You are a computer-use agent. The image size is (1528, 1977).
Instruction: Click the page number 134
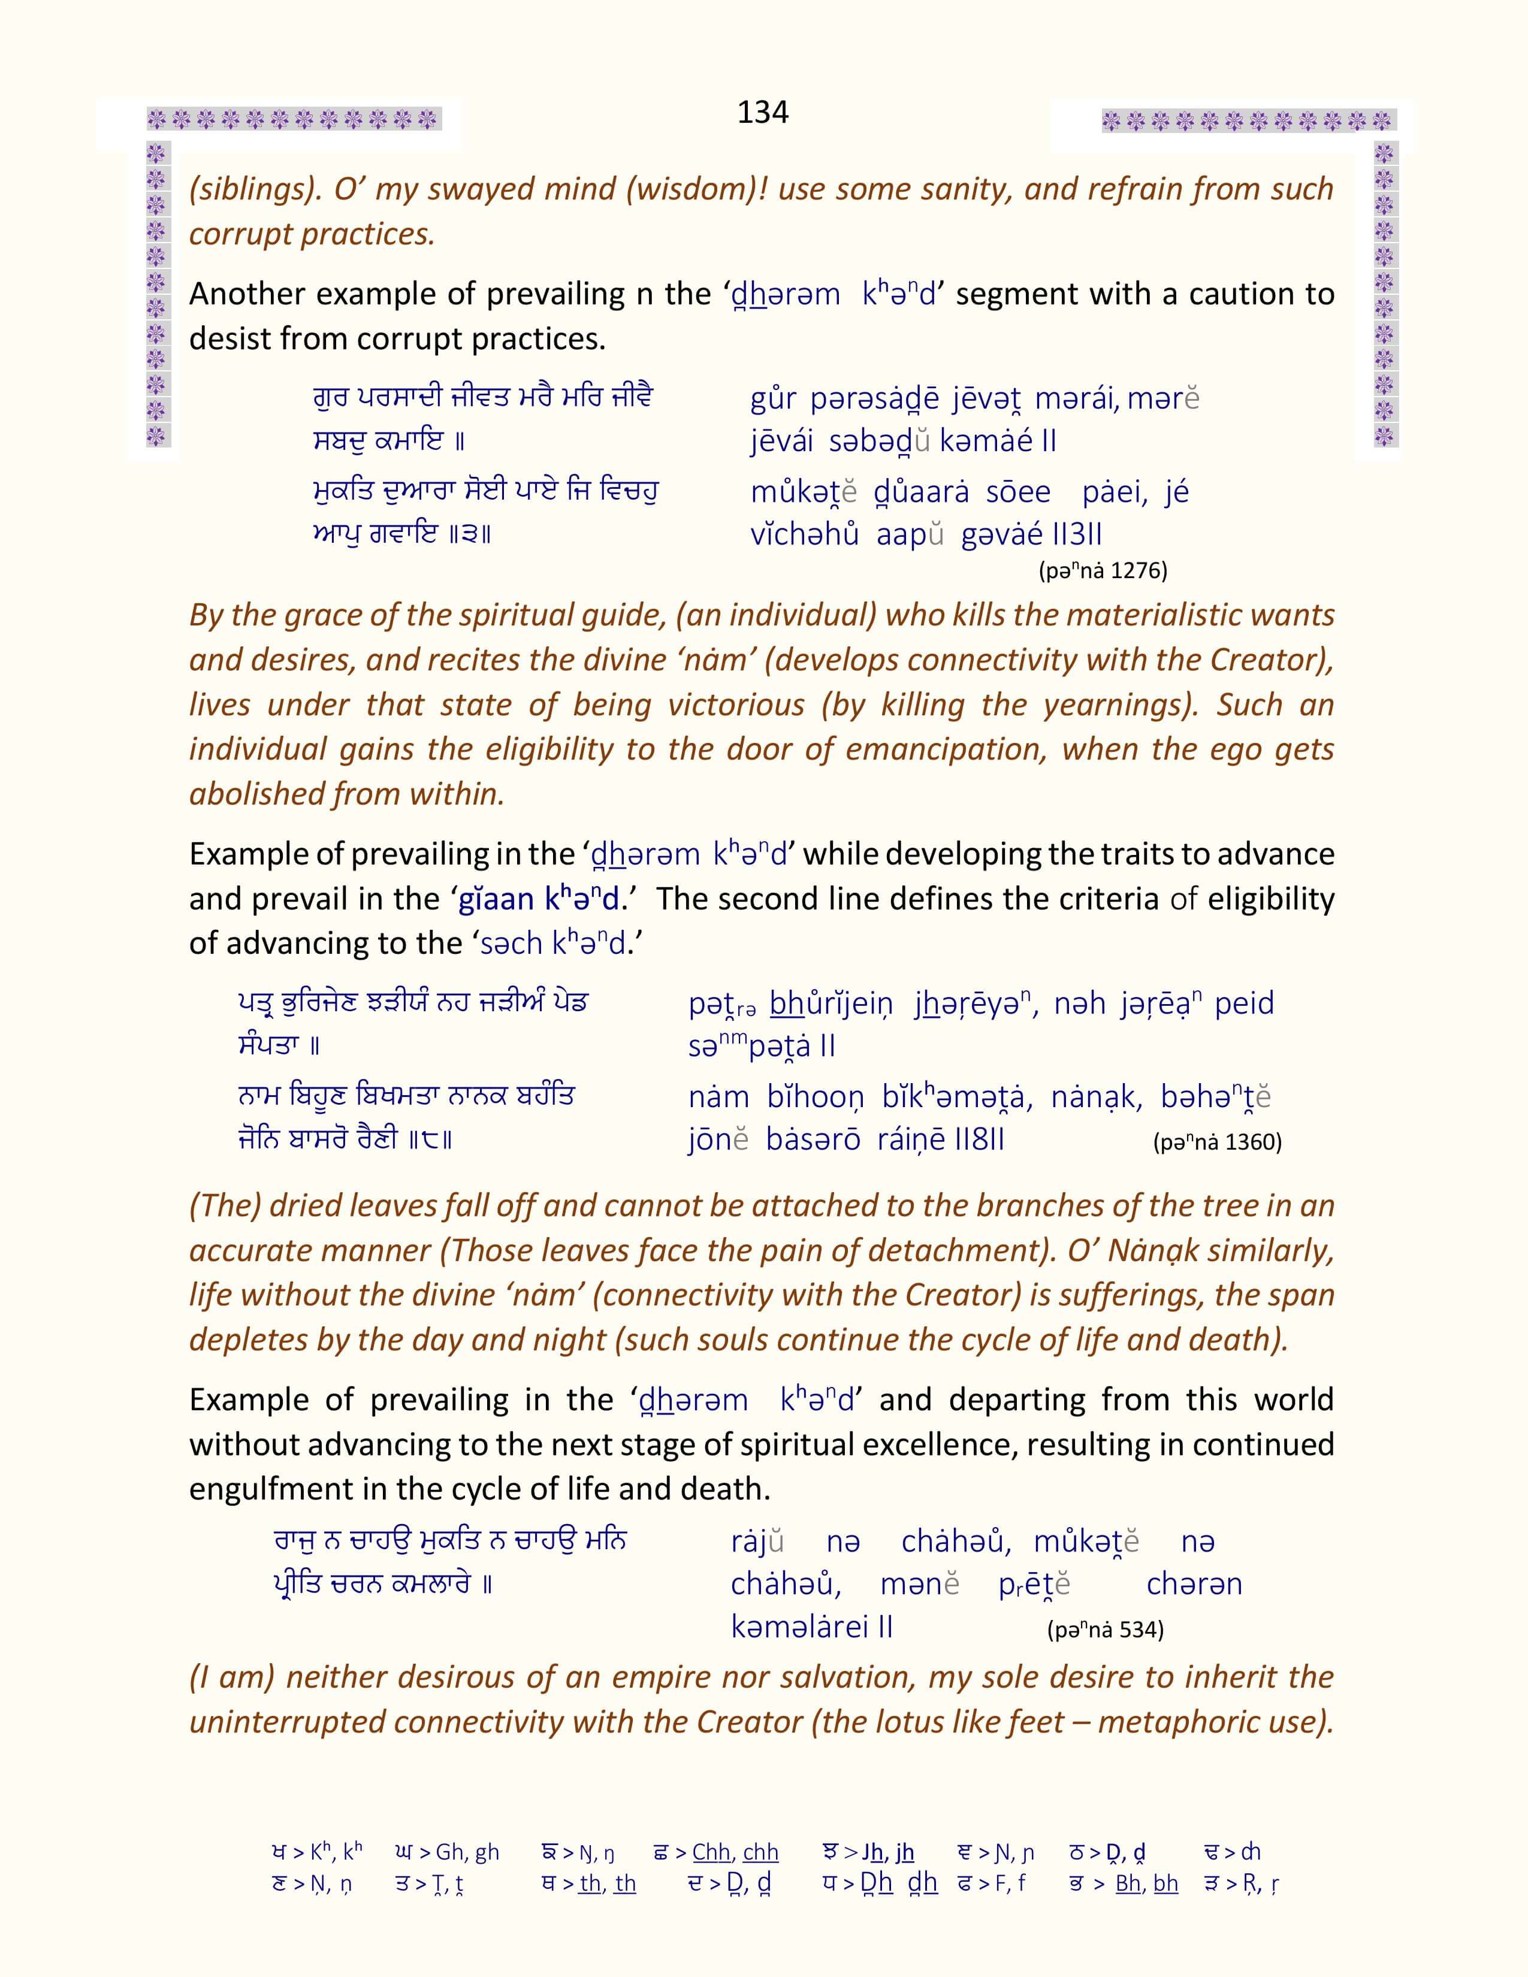pyautogui.click(x=762, y=112)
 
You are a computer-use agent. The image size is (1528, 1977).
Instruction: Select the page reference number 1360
pyautogui.click(x=1253, y=1142)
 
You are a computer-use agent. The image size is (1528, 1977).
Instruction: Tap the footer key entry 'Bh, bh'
pyautogui.click(x=1146, y=1884)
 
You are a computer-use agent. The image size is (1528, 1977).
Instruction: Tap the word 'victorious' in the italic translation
pyautogui.click(x=736, y=705)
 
